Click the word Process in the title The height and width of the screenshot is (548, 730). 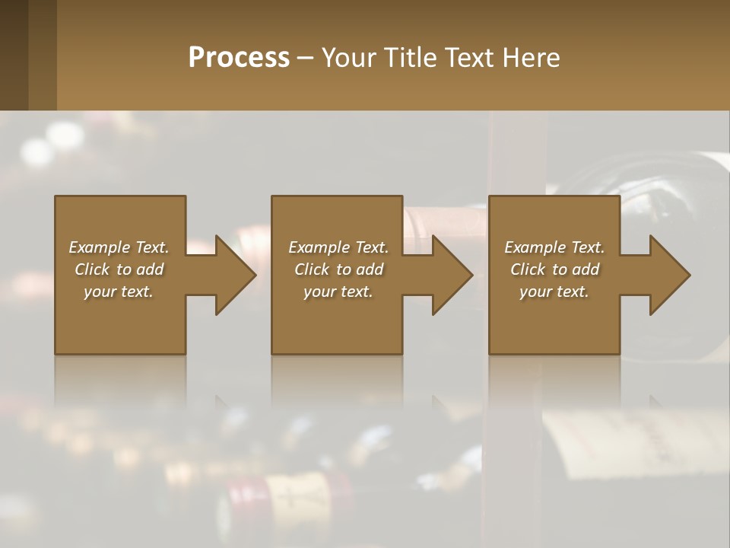(239, 57)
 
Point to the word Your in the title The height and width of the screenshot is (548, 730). (349, 57)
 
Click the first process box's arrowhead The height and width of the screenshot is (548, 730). (233, 275)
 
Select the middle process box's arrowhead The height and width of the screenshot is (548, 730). (449, 275)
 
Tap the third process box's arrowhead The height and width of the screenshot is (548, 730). (667, 275)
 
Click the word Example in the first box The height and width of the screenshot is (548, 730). (100, 247)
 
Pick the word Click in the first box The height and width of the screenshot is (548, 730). (92, 269)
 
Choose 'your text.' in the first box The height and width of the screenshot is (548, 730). (119, 292)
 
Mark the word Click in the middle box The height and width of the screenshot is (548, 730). (312, 269)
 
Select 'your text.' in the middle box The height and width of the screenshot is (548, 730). (338, 292)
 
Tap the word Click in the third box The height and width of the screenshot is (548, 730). (528, 269)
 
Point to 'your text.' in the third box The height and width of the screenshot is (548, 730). (554, 292)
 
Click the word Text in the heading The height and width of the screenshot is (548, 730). (471, 57)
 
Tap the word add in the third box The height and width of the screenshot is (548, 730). (586, 269)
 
